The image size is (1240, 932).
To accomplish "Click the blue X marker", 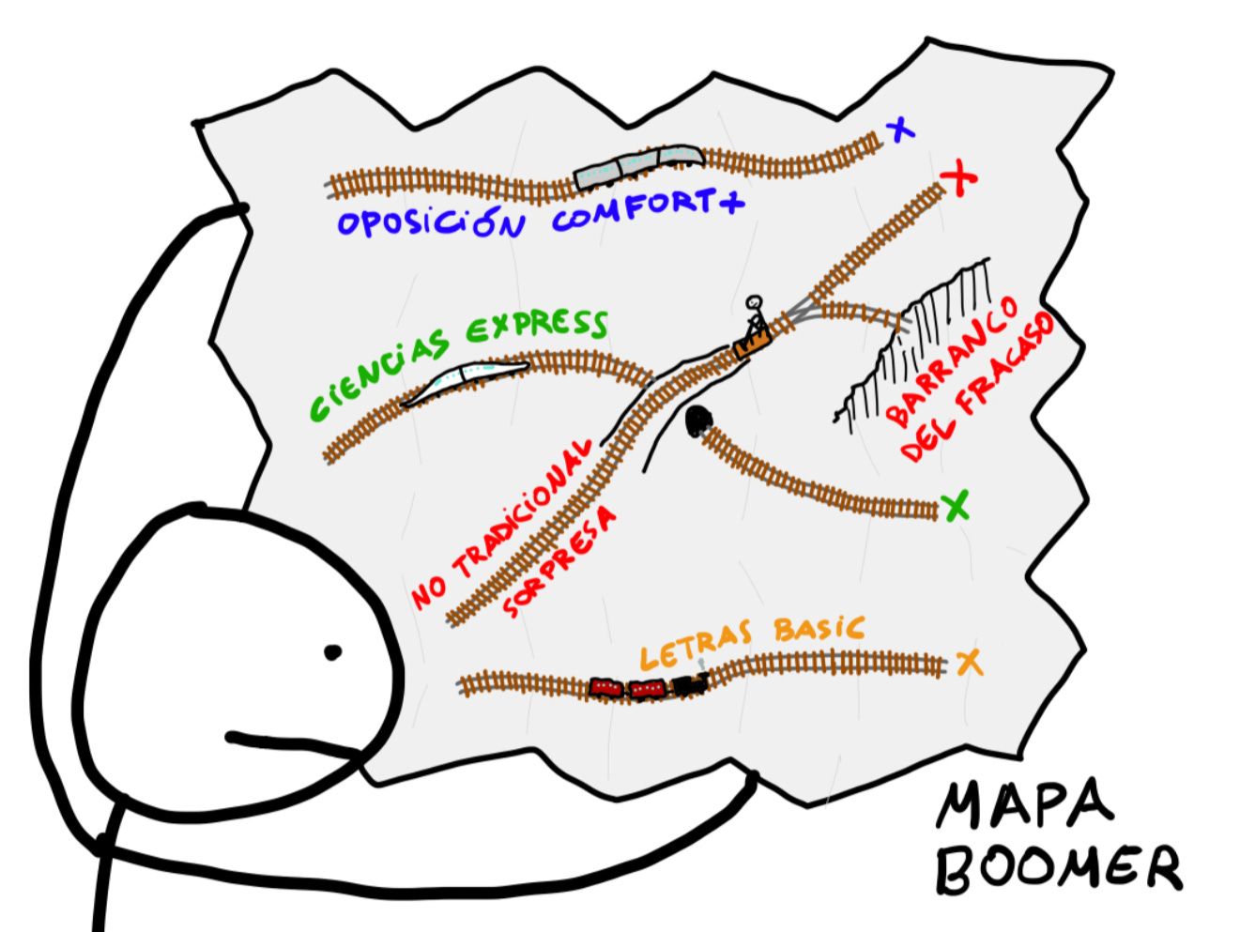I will [901, 130].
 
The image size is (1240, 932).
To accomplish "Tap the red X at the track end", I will [958, 178].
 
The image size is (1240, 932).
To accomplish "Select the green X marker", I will [956, 507].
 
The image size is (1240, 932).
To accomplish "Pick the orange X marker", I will [969, 663].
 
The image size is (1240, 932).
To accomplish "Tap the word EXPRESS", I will [537, 325].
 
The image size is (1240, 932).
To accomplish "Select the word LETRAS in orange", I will [695, 646].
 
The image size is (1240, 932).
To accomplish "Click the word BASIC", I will [819, 629].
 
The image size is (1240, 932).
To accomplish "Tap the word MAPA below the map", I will [1024, 805].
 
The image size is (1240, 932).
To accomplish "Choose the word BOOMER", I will [1058, 867].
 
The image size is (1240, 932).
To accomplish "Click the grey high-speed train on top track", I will [638, 164].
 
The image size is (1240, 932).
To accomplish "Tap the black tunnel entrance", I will [697, 421].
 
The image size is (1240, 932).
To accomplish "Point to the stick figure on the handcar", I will [754, 314].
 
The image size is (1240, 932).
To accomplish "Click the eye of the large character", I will [332, 652].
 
